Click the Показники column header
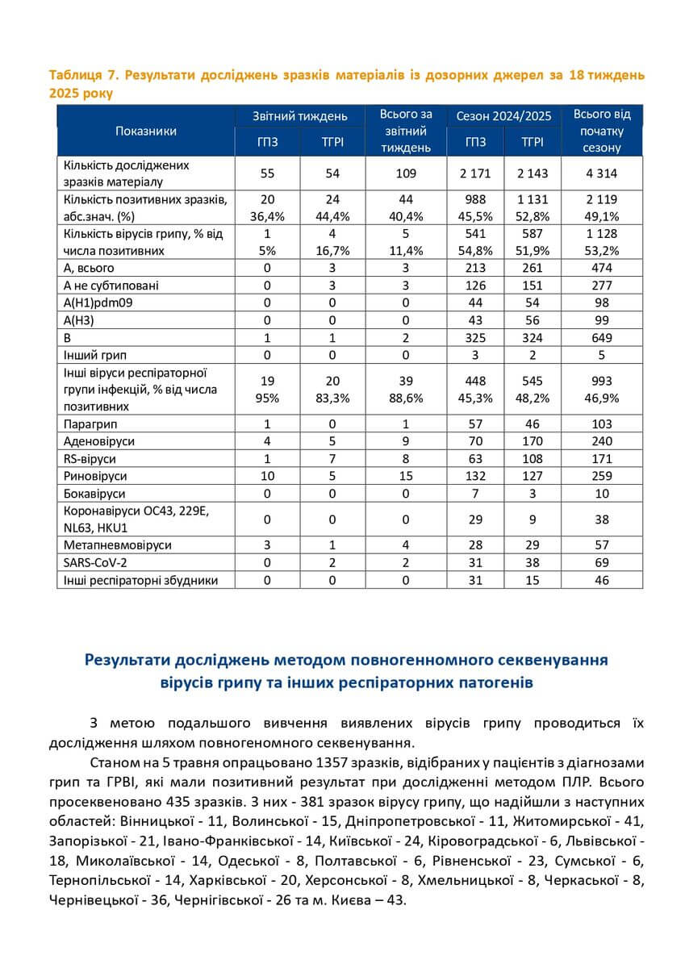(146, 131)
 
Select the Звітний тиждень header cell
(300, 116)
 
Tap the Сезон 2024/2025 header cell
(503, 116)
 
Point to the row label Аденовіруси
(98, 441)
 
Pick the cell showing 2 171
(475, 173)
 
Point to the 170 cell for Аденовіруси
(532, 441)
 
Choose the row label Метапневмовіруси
(115, 545)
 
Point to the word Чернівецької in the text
(90, 899)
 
